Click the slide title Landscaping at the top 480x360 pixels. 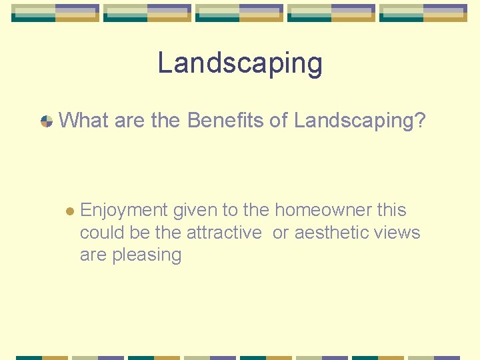point(240,63)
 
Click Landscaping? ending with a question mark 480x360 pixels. point(359,121)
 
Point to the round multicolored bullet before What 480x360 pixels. point(47,121)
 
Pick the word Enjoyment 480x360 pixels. point(123,211)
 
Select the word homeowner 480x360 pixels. point(323,211)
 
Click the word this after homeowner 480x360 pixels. point(391,211)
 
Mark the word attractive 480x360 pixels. point(224,233)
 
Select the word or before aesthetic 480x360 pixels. point(281,233)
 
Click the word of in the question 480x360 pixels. point(280,121)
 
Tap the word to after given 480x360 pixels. point(230,211)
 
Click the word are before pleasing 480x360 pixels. point(94,255)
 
